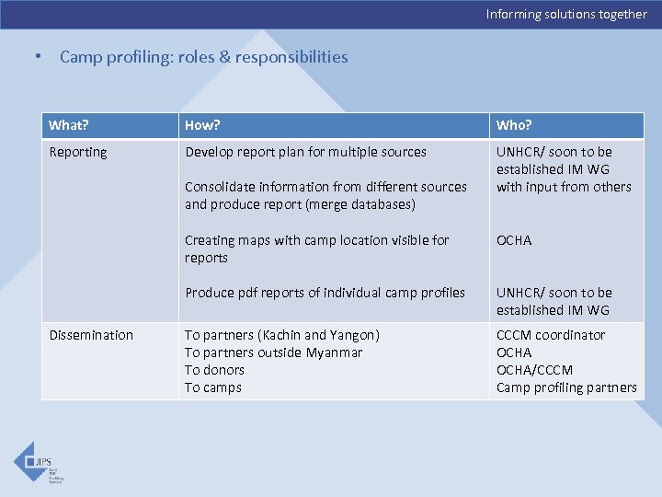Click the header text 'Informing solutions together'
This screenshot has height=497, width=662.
(566, 14)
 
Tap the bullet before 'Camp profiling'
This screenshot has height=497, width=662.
(37, 57)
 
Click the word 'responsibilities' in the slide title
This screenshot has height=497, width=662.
(291, 57)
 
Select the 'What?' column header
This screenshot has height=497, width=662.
(69, 125)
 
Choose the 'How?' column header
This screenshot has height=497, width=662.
(202, 125)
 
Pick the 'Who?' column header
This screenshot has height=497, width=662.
(514, 125)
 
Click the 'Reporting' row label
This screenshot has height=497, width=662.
(78, 152)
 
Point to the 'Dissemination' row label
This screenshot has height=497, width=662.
(91, 335)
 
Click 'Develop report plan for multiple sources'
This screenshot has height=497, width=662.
(305, 152)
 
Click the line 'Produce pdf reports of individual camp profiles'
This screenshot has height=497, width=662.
(325, 293)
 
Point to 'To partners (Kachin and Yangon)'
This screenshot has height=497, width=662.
(281, 335)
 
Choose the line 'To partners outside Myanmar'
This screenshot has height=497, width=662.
(273, 353)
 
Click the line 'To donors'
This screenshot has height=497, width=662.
(214, 370)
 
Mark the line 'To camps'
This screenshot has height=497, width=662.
(212, 387)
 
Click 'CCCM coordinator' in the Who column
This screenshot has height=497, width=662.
(551, 335)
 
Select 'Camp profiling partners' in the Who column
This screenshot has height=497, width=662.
(566, 387)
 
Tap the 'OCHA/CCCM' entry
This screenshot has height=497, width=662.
(534, 370)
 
